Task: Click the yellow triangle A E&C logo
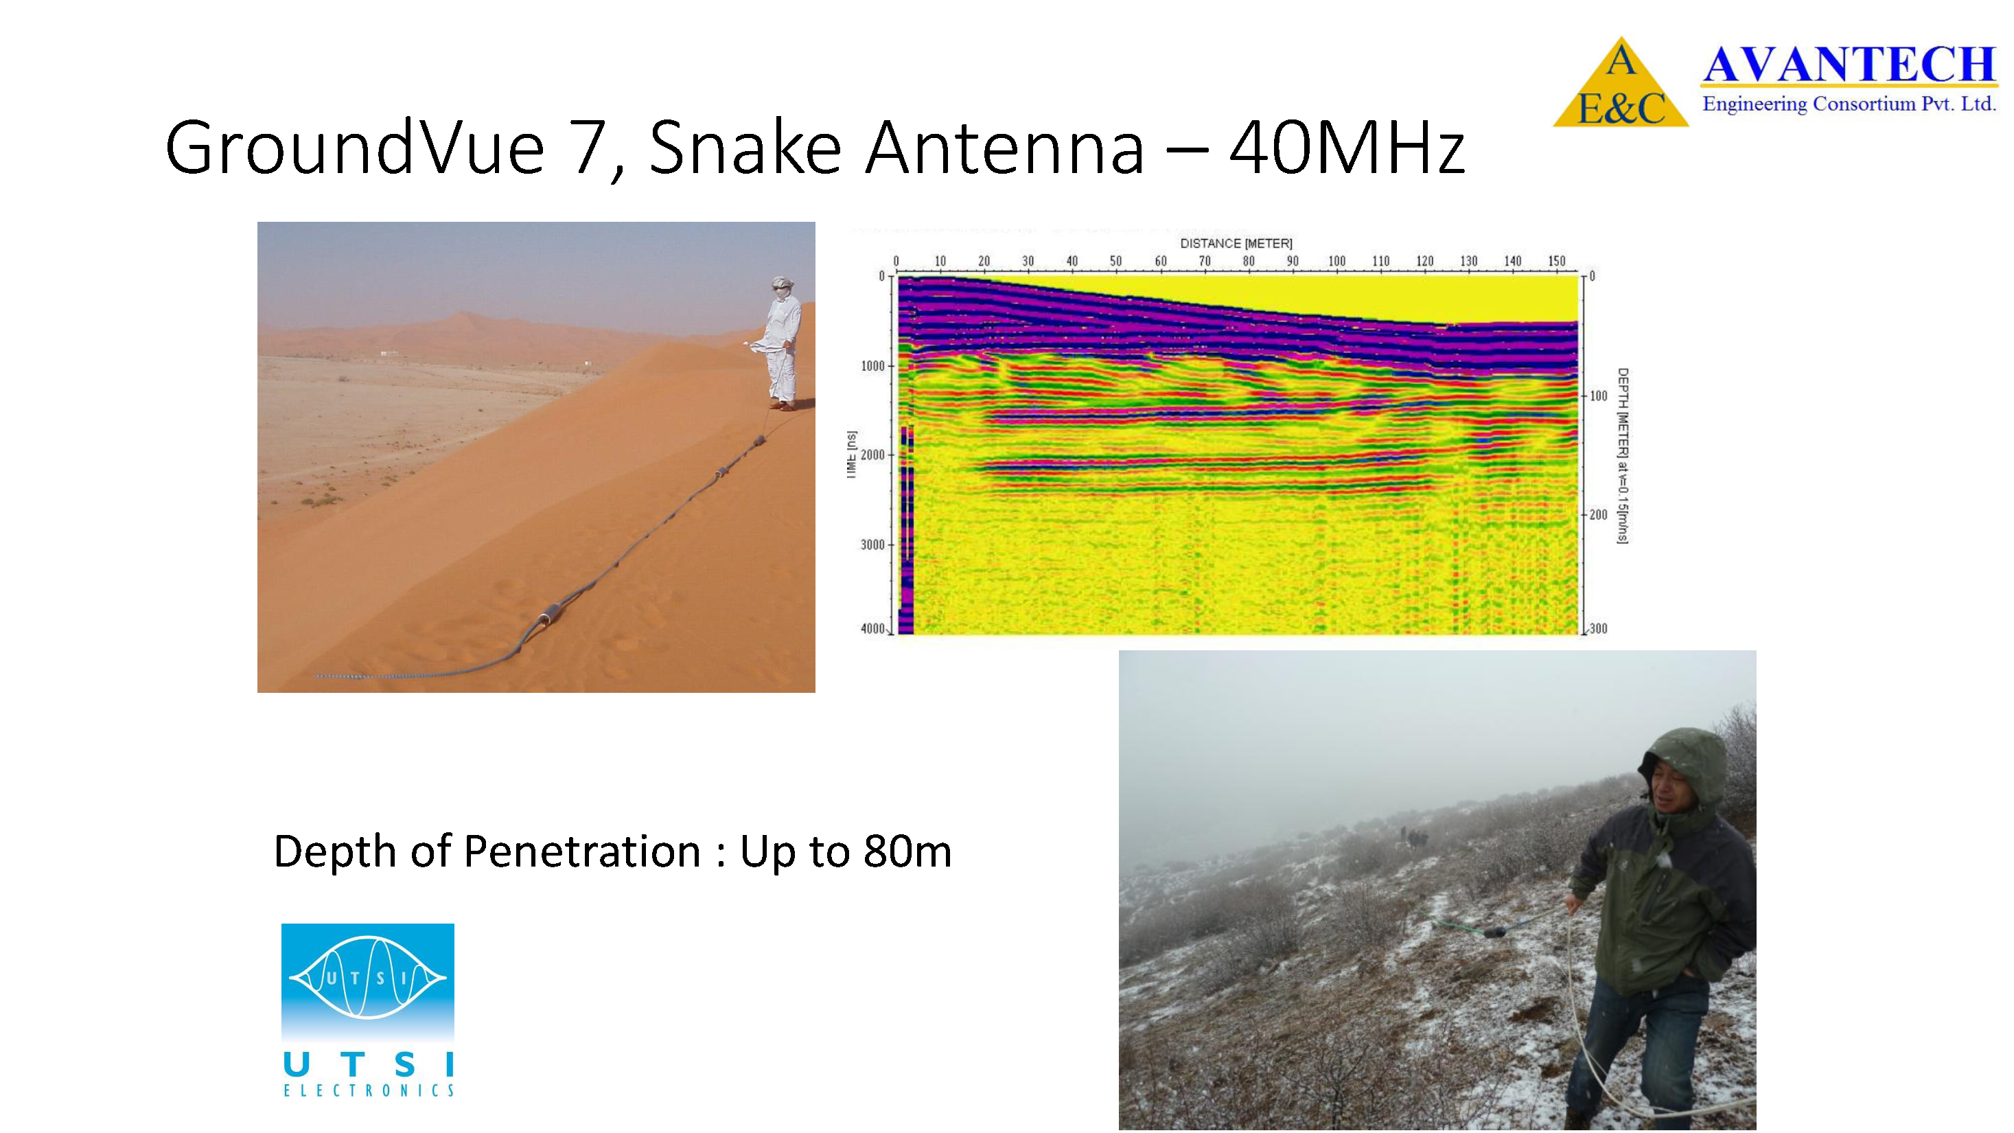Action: click(x=1620, y=83)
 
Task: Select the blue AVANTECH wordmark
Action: click(x=1849, y=64)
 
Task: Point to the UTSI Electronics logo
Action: click(x=367, y=1009)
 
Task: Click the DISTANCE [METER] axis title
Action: click(x=1236, y=243)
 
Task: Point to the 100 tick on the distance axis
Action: click(x=1337, y=261)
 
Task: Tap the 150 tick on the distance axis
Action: click(x=1557, y=261)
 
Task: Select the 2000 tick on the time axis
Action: click(x=872, y=455)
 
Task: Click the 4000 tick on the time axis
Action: click(x=872, y=629)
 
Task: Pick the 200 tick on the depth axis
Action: click(x=1599, y=514)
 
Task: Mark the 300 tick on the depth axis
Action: click(x=1599, y=629)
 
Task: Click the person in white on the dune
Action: click(x=782, y=344)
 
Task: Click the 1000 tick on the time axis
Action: click(x=872, y=366)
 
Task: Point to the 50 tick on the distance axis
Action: click(x=1115, y=261)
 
